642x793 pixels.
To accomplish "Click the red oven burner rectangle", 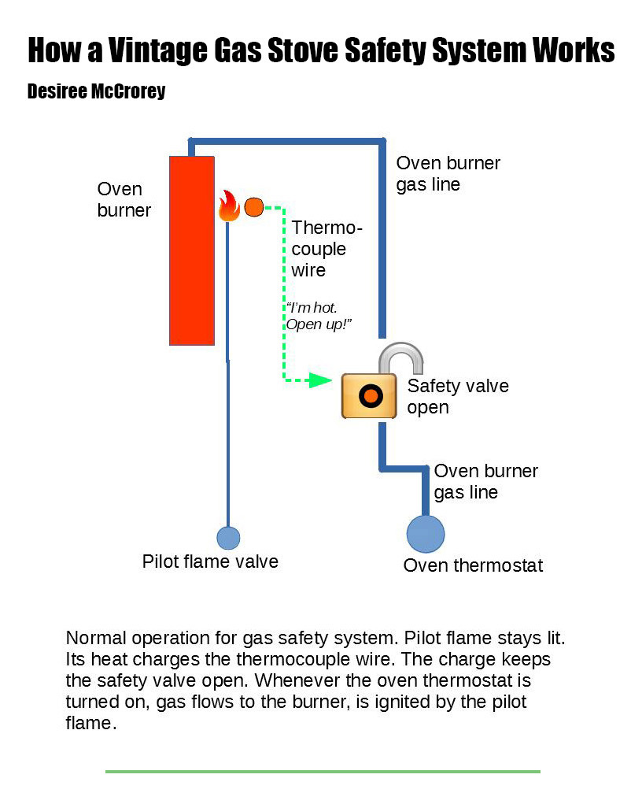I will pyautogui.click(x=192, y=250).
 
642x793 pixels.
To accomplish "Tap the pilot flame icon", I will pyautogui.click(x=228, y=206).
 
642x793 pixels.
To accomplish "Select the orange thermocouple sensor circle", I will pyautogui.click(x=253, y=207).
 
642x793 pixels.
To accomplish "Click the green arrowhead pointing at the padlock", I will pyautogui.click(x=319, y=380).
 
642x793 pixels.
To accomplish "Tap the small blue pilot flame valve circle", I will pyautogui.click(x=228, y=538).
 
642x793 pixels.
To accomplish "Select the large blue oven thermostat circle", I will pyautogui.click(x=426, y=534).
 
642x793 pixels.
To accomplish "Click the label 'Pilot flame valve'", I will pyautogui.click(x=210, y=561).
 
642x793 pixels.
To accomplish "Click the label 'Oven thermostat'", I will pyautogui.click(x=473, y=565).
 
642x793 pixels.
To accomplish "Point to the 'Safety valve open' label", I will pyautogui.click(x=457, y=396).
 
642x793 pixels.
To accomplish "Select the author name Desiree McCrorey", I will pyautogui.click(x=96, y=91).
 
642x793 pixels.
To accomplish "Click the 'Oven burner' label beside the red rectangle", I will pyautogui.click(x=123, y=199).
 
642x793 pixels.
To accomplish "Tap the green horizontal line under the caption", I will pyautogui.click(x=323, y=771).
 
